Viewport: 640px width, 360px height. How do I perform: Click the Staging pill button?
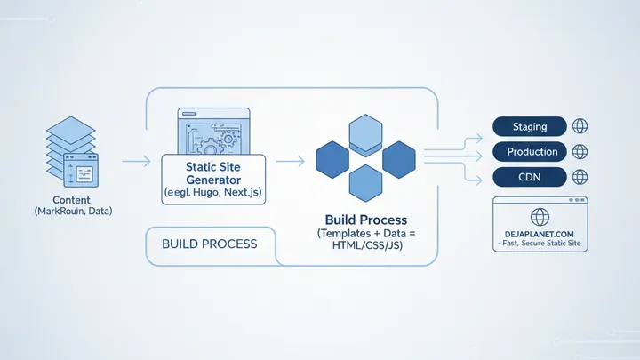(x=532, y=127)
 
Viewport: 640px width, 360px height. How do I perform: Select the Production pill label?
(x=532, y=152)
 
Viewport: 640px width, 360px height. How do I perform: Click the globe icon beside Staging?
(x=580, y=127)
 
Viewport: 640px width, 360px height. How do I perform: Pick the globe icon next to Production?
(x=580, y=152)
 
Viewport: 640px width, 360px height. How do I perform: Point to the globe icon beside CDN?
(x=580, y=177)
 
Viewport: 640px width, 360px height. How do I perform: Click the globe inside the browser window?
(x=540, y=218)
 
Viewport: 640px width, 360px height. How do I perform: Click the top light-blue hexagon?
(x=365, y=134)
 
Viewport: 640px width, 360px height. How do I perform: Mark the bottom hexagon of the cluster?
(x=365, y=183)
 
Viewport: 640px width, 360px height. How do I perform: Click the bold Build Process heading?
(x=365, y=220)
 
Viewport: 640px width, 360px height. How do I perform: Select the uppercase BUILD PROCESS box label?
(x=209, y=244)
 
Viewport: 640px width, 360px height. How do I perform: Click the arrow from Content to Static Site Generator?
(x=135, y=161)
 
